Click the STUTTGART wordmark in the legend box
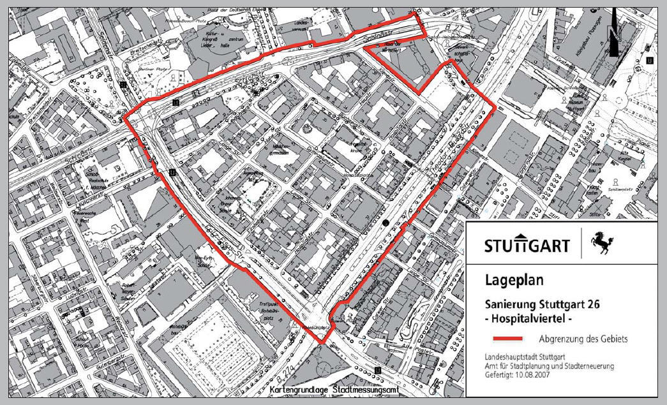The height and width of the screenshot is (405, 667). click(527, 245)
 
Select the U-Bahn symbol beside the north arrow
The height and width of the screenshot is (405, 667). click(649, 61)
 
